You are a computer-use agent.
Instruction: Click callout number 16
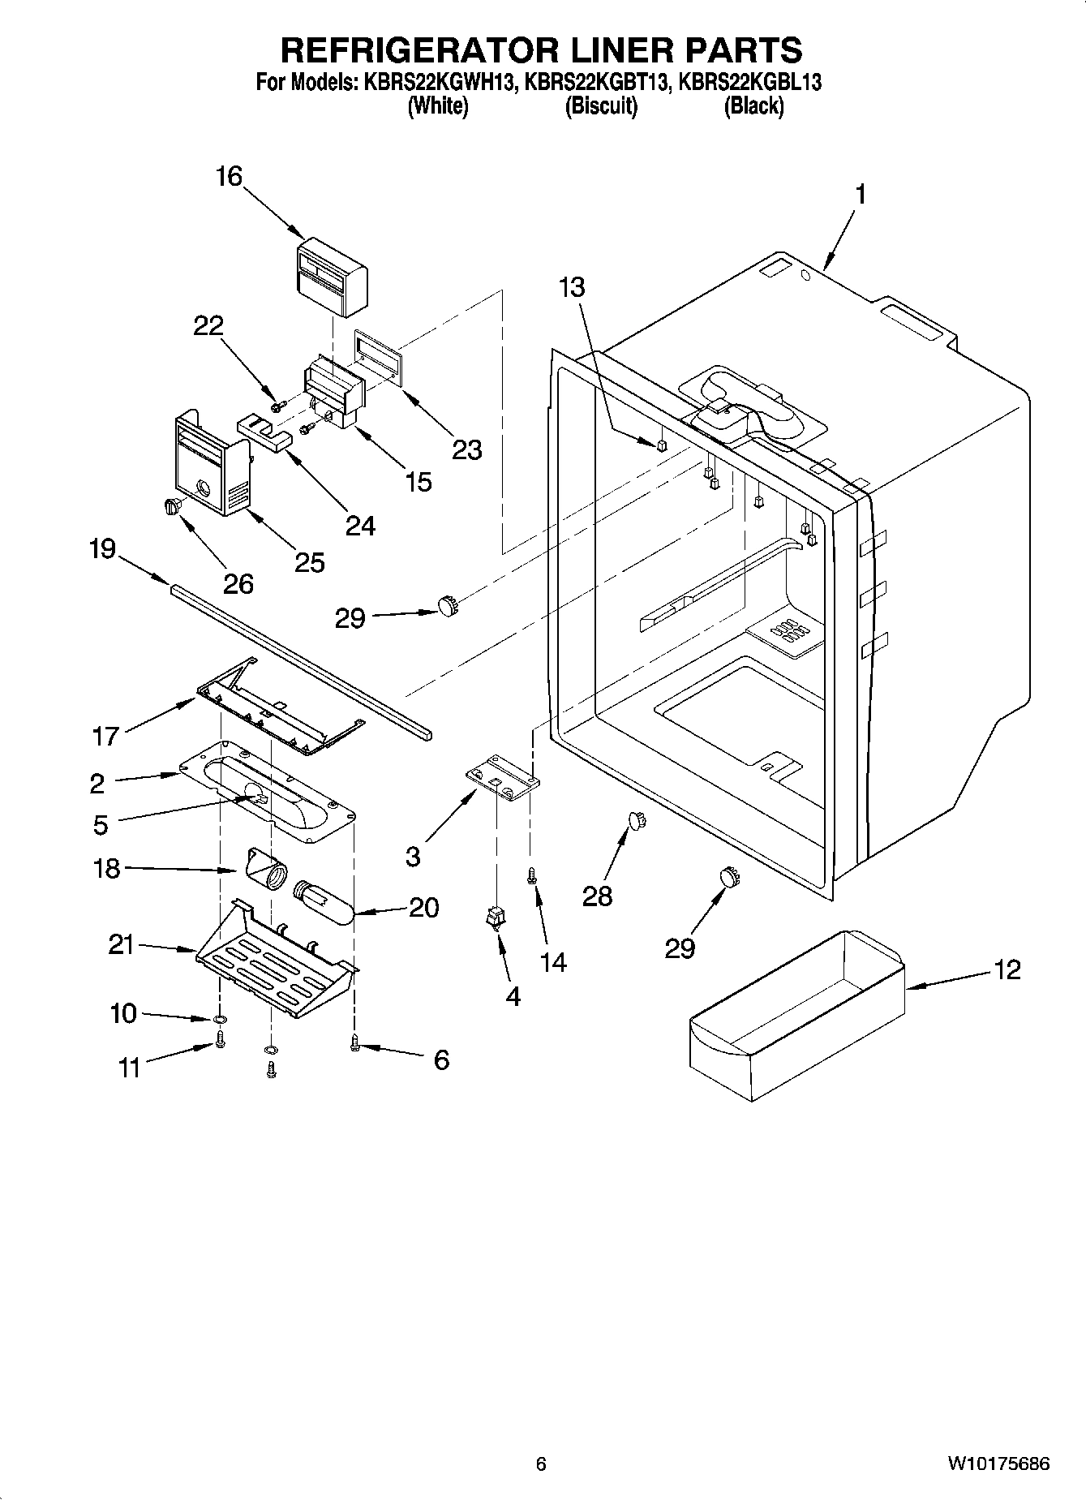click(x=230, y=176)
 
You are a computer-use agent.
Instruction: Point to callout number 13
click(x=572, y=287)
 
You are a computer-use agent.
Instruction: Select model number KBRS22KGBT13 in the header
click(x=598, y=81)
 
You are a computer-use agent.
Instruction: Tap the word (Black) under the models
click(x=753, y=105)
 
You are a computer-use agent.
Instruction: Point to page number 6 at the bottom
click(x=541, y=1464)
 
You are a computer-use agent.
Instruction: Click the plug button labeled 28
click(x=637, y=821)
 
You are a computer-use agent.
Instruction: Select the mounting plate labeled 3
click(x=503, y=779)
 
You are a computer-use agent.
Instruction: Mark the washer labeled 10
click(x=220, y=1021)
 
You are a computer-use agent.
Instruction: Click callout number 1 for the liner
click(x=861, y=196)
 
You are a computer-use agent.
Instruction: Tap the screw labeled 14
click(x=532, y=875)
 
